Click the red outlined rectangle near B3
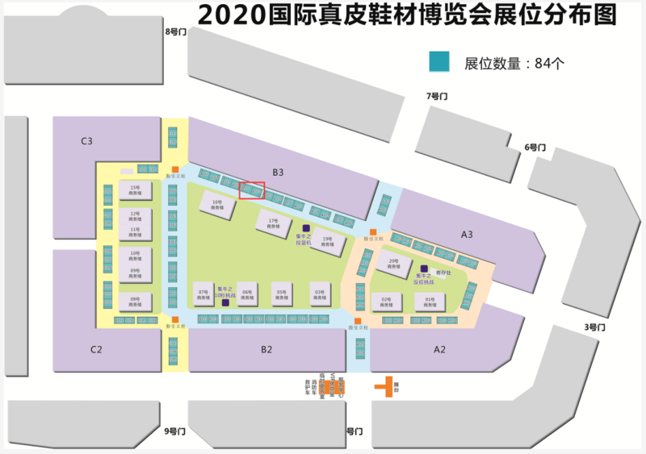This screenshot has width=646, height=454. pos(252,190)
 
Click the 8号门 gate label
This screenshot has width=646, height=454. pos(175,31)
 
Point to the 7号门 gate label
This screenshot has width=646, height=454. pos(436,96)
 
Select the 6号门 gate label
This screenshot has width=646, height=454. pos(535,147)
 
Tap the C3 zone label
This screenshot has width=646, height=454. pos(86,141)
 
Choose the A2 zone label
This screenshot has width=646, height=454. pos(439,349)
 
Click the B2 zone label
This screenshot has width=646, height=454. pos(266,349)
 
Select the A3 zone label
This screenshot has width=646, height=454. pos(467,234)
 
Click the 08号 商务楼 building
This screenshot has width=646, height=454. pos(135,302)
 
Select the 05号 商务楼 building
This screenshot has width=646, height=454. pos(282,294)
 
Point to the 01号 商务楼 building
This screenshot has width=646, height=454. pos(430,302)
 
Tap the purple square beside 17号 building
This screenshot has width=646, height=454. pos(306,228)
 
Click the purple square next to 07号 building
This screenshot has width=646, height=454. pos(225,303)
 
